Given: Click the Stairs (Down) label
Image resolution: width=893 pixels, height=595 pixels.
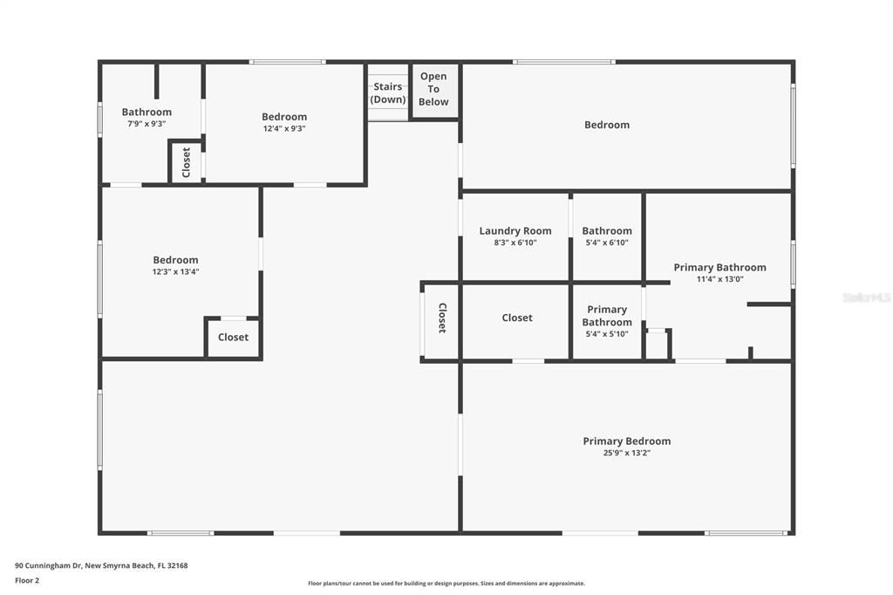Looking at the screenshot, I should [388, 92].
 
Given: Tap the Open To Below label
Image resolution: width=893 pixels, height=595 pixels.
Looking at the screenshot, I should [433, 89].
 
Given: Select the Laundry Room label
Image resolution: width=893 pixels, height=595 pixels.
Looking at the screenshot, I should [515, 231].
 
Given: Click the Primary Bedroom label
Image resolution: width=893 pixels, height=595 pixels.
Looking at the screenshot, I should [626, 441].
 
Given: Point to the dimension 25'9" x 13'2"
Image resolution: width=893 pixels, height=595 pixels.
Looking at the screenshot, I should [626, 454].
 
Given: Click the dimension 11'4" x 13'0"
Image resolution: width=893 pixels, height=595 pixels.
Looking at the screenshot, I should [719, 280].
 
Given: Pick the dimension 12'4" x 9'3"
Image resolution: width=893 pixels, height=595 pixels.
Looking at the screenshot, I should [284, 129].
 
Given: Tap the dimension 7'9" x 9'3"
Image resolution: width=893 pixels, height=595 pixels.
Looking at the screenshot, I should [147, 124].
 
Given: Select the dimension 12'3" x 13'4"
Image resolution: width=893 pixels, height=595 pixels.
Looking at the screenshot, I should [175, 272].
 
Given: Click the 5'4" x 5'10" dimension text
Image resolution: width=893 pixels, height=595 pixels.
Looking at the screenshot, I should [607, 334].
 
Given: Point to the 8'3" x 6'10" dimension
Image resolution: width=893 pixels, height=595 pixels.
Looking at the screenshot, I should [515, 243].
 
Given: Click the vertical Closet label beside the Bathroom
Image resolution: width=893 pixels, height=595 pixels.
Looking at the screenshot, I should [186, 162].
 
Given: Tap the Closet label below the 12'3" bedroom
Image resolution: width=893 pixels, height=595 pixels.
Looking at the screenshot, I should [233, 338].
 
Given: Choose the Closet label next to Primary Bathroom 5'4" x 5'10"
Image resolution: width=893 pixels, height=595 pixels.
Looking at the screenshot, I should [517, 318].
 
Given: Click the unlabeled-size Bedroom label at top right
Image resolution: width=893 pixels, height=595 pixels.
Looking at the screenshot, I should [607, 125].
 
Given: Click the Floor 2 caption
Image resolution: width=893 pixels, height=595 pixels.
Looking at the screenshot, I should [27, 580].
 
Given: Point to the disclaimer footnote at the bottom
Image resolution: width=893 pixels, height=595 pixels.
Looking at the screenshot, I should [446, 584].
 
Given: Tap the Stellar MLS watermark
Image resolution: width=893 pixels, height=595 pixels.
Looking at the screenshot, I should [866, 297].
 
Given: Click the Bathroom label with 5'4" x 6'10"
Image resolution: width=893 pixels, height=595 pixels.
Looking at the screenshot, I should [607, 231].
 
